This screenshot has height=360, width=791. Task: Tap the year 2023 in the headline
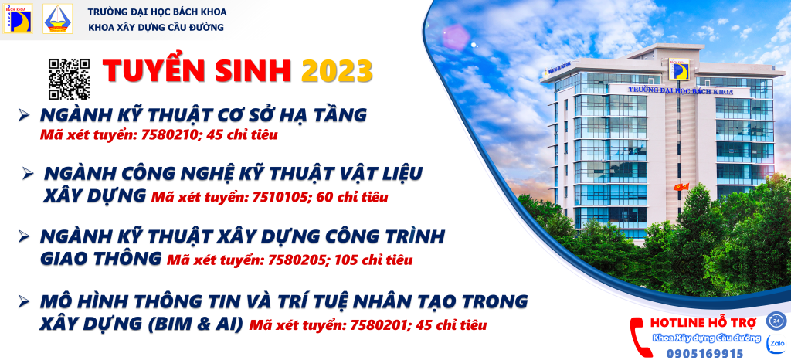pyautogui.click(x=338, y=71)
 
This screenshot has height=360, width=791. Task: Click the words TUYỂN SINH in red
pyautogui.click(x=198, y=71)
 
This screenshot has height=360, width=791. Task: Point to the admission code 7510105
pyautogui.click(x=279, y=197)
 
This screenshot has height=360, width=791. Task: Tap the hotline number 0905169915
pyautogui.click(x=698, y=354)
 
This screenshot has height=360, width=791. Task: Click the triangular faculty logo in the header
pyautogui.click(x=57, y=19)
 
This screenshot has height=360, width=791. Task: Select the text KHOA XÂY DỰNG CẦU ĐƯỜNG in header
pyautogui.click(x=155, y=28)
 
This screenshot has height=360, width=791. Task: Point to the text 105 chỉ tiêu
pyautogui.click(x=375, y=260)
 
